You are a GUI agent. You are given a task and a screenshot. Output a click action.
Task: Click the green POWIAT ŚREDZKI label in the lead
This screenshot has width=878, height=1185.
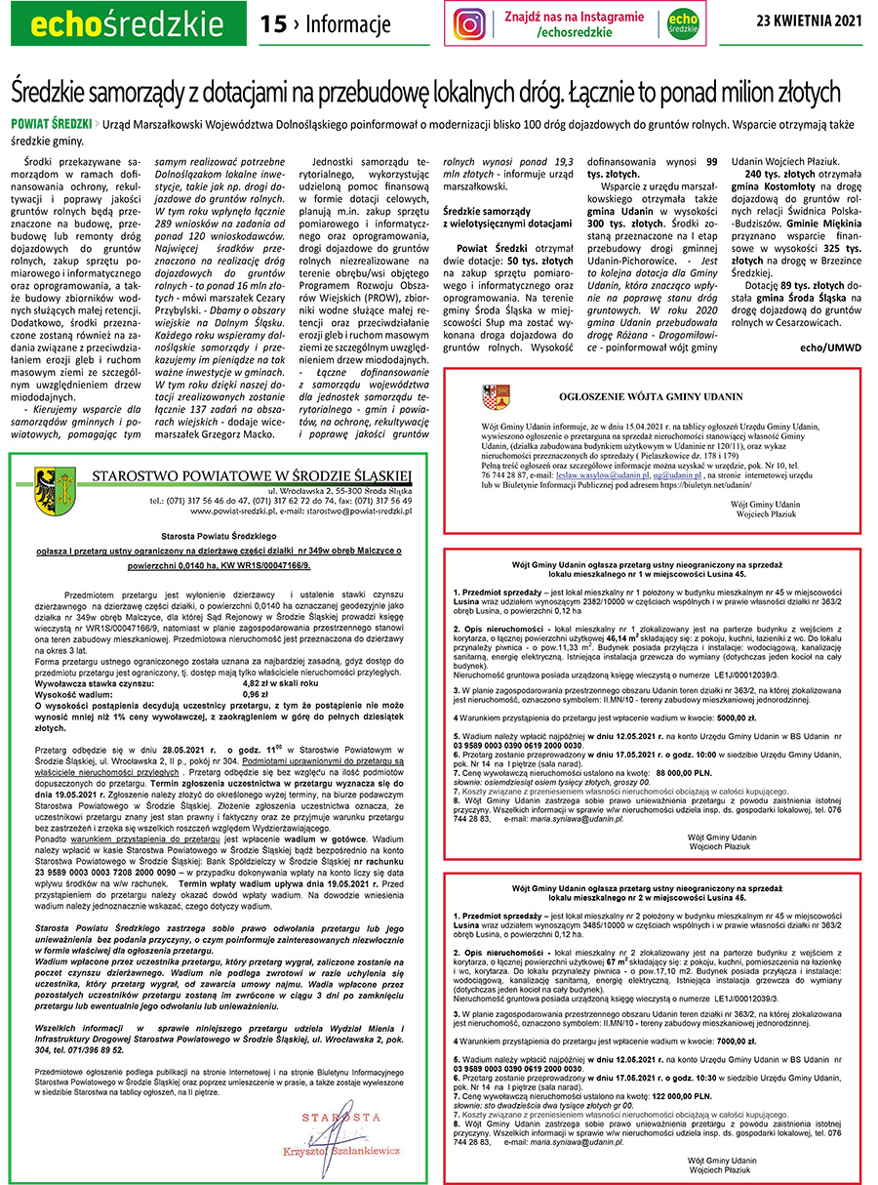coord(51,126)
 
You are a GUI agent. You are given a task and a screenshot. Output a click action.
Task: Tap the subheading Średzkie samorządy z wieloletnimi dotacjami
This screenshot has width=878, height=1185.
coord(507,217)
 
